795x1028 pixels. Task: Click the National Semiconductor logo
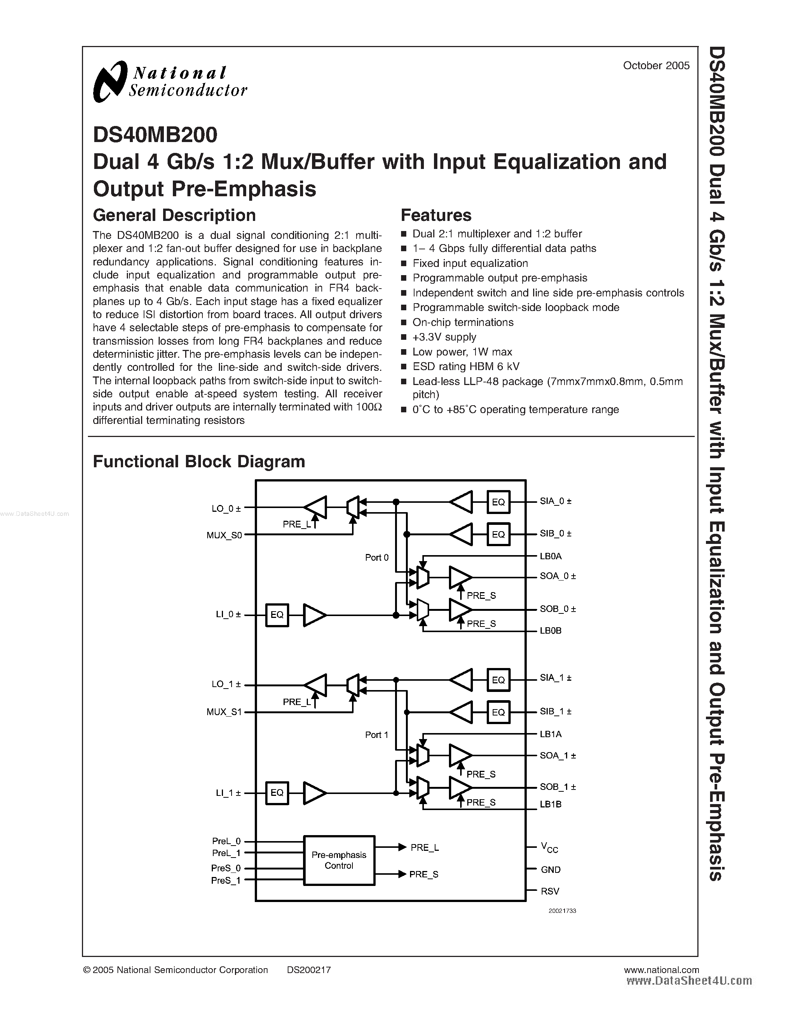pyautogui.click(x=170, y=81)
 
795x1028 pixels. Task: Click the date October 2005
pyautogui.click(x=656, y=66)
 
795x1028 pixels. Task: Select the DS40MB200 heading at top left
pyautogui.click(x=155, y=135)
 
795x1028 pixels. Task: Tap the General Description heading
pyautogui.click(x=174, y=215)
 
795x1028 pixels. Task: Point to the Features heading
pyautogui.click(x=435, y=215)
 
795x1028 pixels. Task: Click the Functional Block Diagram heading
pyautogui.click(x=199, y=462)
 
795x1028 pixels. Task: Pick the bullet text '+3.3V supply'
pyautogui.click(x=444, y=337)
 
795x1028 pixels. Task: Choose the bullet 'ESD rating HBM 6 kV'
pyautogui.click(x=466, y=366)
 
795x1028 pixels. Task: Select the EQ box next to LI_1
pyautogui.click(x=277, y=792)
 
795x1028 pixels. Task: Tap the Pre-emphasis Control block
pyautogui.click(x=339, y=861)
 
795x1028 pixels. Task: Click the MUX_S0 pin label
pyautogui.click(x=224, y=535)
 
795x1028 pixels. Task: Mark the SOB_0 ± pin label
pyautogui.click(x=558, y=609)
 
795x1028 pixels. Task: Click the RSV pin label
pyautogui.click(x=550, y=891)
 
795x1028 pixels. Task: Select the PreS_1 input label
pyautogui.click(x=226, y=880)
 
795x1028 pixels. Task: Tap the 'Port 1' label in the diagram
pyautogui.click(x=377, y=735)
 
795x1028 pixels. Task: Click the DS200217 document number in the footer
pyautogui.click(x=309, y=970)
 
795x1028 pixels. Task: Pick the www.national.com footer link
pyautogui.click(x=661, y=970)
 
